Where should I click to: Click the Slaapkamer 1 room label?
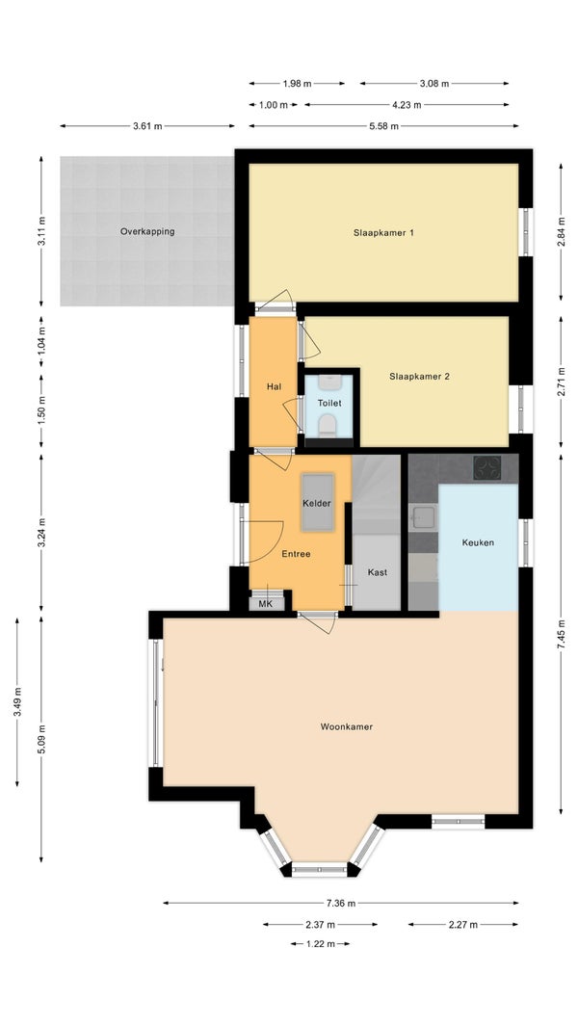[383, 232]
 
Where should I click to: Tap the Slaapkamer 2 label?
[420, 377]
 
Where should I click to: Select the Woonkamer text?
[346, 726]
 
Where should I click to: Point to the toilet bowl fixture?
[327, 426]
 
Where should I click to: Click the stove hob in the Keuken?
[487, 467]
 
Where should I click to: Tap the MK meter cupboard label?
[265, 604]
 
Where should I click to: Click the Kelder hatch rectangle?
[318, 502]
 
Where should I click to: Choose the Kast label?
[377, 572]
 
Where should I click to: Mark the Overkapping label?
[147, 231]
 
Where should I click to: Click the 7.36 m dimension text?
[341, 904]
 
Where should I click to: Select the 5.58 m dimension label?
[384, 126]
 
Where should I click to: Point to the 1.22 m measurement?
[321, 944]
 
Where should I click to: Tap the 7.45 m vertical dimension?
[561, 635]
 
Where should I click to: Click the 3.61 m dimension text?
[147, 126]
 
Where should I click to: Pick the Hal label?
[274, 386]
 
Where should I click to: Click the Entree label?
[296, 554]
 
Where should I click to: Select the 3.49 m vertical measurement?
[17, 701]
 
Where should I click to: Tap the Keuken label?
[478, 542]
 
